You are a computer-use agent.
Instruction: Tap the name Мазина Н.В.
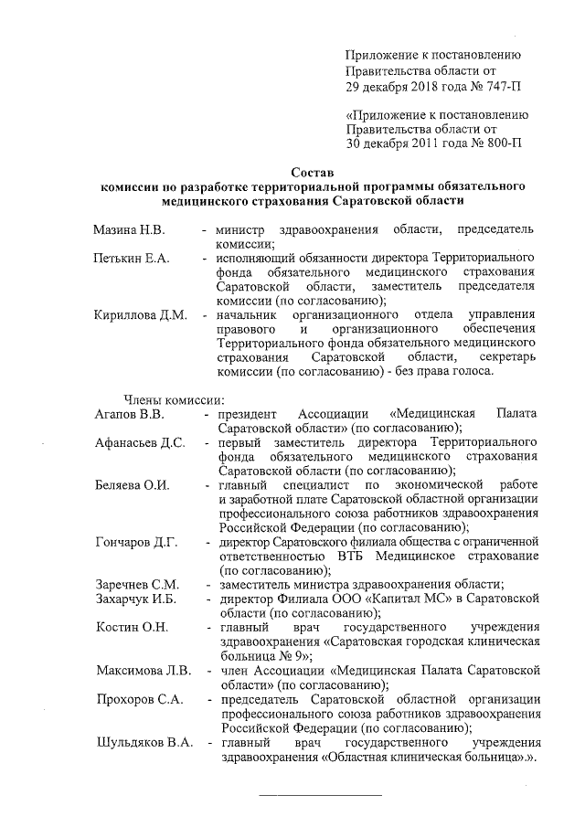coord(128,228)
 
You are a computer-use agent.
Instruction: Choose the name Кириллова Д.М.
coord(141,315)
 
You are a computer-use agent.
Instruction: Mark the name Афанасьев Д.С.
coord(141,442)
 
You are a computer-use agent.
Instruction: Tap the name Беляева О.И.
coord(133,484)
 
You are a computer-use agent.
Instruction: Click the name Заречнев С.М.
coord(137,584)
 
